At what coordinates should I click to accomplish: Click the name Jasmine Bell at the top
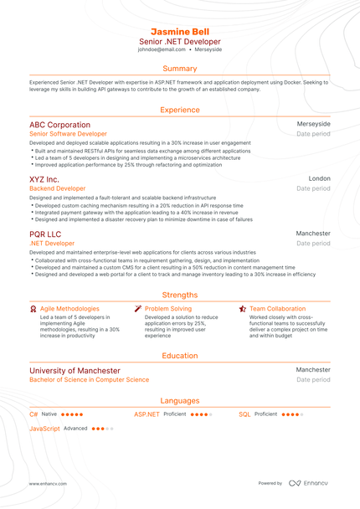tap(180, 31)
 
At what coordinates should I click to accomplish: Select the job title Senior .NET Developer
tap(180, 41)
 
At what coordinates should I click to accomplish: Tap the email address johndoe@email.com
tap(162, 49)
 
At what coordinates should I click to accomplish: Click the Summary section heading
tap(180, 69)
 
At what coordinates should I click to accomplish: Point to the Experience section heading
tap(180, 110)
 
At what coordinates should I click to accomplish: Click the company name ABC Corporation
tap(59, 125)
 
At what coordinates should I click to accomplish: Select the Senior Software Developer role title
tap(68, 134)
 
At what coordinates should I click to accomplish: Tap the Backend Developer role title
tap(57, 189)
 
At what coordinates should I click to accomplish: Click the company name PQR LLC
tap(45, 234)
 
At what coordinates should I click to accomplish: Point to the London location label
tap(319, 179)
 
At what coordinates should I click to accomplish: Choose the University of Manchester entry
tap(75, 370)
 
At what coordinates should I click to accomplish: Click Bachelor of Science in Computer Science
tap(89, 380)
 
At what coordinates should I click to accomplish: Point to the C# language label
tap(33, 414)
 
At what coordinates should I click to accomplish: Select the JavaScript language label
tap(44, 429)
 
